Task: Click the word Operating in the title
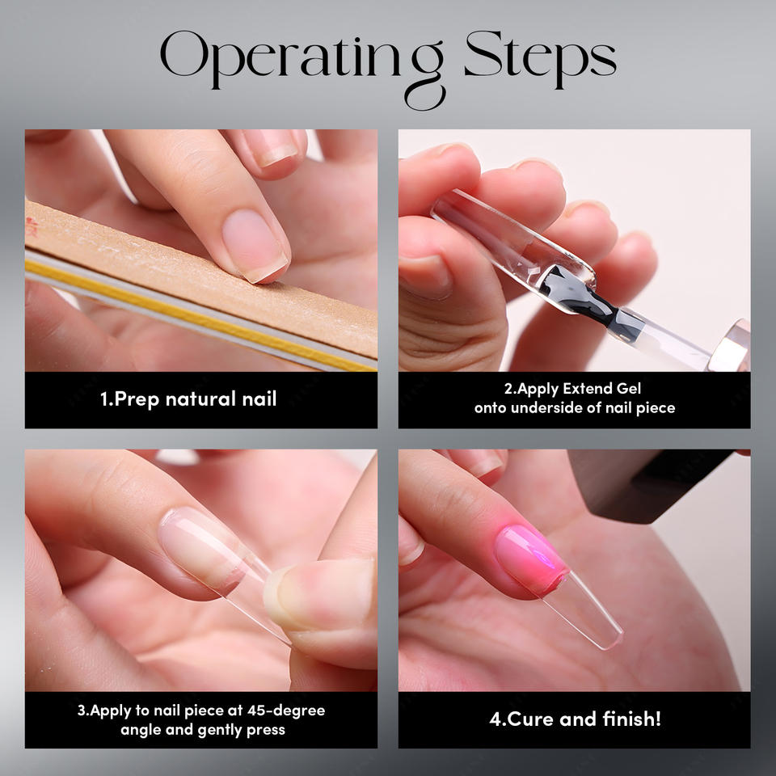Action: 302,62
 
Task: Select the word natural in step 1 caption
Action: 200,399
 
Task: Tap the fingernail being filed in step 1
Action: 255,245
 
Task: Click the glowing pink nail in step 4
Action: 530,559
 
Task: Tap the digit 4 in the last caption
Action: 495,719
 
